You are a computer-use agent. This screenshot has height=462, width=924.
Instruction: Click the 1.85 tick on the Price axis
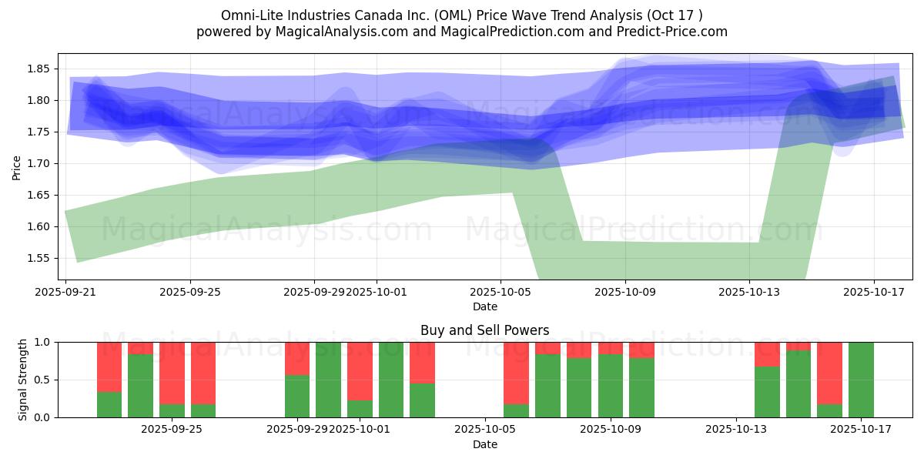tap(39, 69)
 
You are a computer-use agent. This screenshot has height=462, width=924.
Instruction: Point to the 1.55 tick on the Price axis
tap(39, 258)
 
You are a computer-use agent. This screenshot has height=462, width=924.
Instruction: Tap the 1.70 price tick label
tap(39, 163)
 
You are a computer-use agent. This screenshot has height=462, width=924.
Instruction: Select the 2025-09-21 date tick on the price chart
tap(65, 293)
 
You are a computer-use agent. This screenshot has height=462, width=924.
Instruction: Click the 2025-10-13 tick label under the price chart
tap(749, 293)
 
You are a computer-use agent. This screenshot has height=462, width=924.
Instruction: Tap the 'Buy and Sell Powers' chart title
tap(484, 330)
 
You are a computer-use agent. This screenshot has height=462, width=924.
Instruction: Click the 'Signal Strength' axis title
tap(23, 380)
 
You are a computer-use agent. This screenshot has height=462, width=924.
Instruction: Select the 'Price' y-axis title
tap(17, 167)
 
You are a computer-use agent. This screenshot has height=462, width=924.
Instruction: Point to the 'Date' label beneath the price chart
tap(484, 306)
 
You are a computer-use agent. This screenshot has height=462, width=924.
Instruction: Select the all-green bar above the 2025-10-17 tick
tap(861, 380)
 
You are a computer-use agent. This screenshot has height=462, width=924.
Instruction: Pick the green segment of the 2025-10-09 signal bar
tap(611, 386)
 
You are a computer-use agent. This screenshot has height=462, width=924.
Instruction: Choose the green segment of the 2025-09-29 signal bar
tap(297, 397)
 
